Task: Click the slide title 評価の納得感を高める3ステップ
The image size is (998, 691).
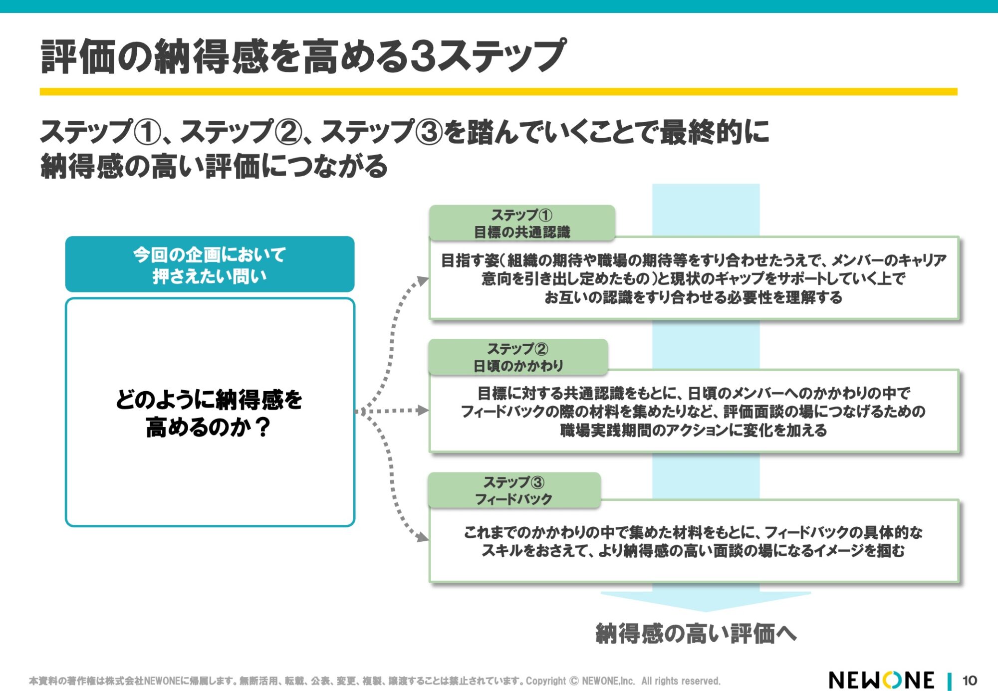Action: coord(303,56)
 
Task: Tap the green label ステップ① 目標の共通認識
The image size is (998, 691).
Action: coord(522,223)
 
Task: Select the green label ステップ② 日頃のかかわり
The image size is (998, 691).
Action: coord(518,357)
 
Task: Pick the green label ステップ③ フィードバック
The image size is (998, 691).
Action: coord(514,490)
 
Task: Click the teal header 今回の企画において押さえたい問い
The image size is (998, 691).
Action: coord(210,264)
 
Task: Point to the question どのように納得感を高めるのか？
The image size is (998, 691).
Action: coord(210,413)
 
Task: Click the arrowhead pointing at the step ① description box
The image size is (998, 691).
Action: coord(424,281)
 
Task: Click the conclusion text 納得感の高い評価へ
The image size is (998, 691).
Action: coord(696,634)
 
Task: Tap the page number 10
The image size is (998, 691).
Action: coord(970,681)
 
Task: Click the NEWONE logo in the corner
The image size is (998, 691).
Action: coord(881,680)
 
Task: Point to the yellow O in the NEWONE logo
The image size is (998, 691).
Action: coord(893,680)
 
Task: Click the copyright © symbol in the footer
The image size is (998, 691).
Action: coord(574,681)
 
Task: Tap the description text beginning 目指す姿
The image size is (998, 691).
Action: coord(694,278)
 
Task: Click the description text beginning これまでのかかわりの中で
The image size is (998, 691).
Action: coord(694,541)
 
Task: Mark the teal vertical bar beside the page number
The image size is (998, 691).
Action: coord(949,681)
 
